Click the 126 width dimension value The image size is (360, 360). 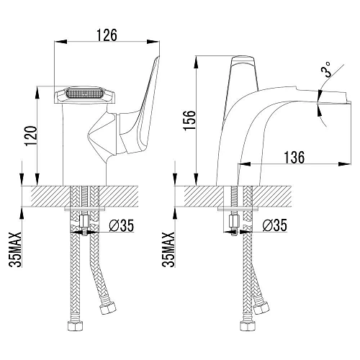click(x=107, y=35)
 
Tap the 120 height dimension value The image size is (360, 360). click(x=31, y=136)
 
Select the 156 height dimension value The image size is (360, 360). click(x=189, y=120)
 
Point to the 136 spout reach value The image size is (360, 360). click(x=294, y=157)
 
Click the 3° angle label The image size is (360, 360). click(x=325, y=69)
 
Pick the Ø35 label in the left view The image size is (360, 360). click(x=121, y=225)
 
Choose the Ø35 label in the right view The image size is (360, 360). click(x=275, y=225)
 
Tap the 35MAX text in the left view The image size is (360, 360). click(x=15, y=249)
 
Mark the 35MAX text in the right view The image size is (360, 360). click(x=168, y=249)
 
